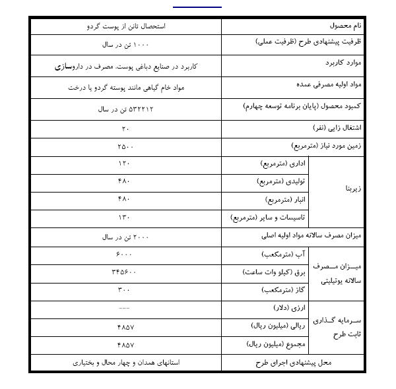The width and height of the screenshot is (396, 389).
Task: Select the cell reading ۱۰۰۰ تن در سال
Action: coord(125,45)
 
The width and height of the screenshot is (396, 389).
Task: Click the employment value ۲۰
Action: coord(125,127)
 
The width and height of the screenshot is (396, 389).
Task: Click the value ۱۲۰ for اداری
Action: coord(125,163)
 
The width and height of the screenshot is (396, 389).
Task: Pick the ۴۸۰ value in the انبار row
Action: coord(125,198)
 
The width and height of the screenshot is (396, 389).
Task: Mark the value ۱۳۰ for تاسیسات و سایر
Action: coord(125,217)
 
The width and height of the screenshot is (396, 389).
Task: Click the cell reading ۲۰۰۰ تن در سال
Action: coord(125,235)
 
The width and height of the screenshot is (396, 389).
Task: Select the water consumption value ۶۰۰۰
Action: coord(125,253)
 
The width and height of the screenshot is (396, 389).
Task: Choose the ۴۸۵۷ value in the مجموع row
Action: coord(125,344)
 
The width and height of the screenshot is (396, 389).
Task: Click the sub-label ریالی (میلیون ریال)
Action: coord(277,326)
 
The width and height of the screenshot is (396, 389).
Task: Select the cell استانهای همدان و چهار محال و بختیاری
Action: coord(125,362)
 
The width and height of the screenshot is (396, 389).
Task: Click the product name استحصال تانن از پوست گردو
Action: coord(125,26)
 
